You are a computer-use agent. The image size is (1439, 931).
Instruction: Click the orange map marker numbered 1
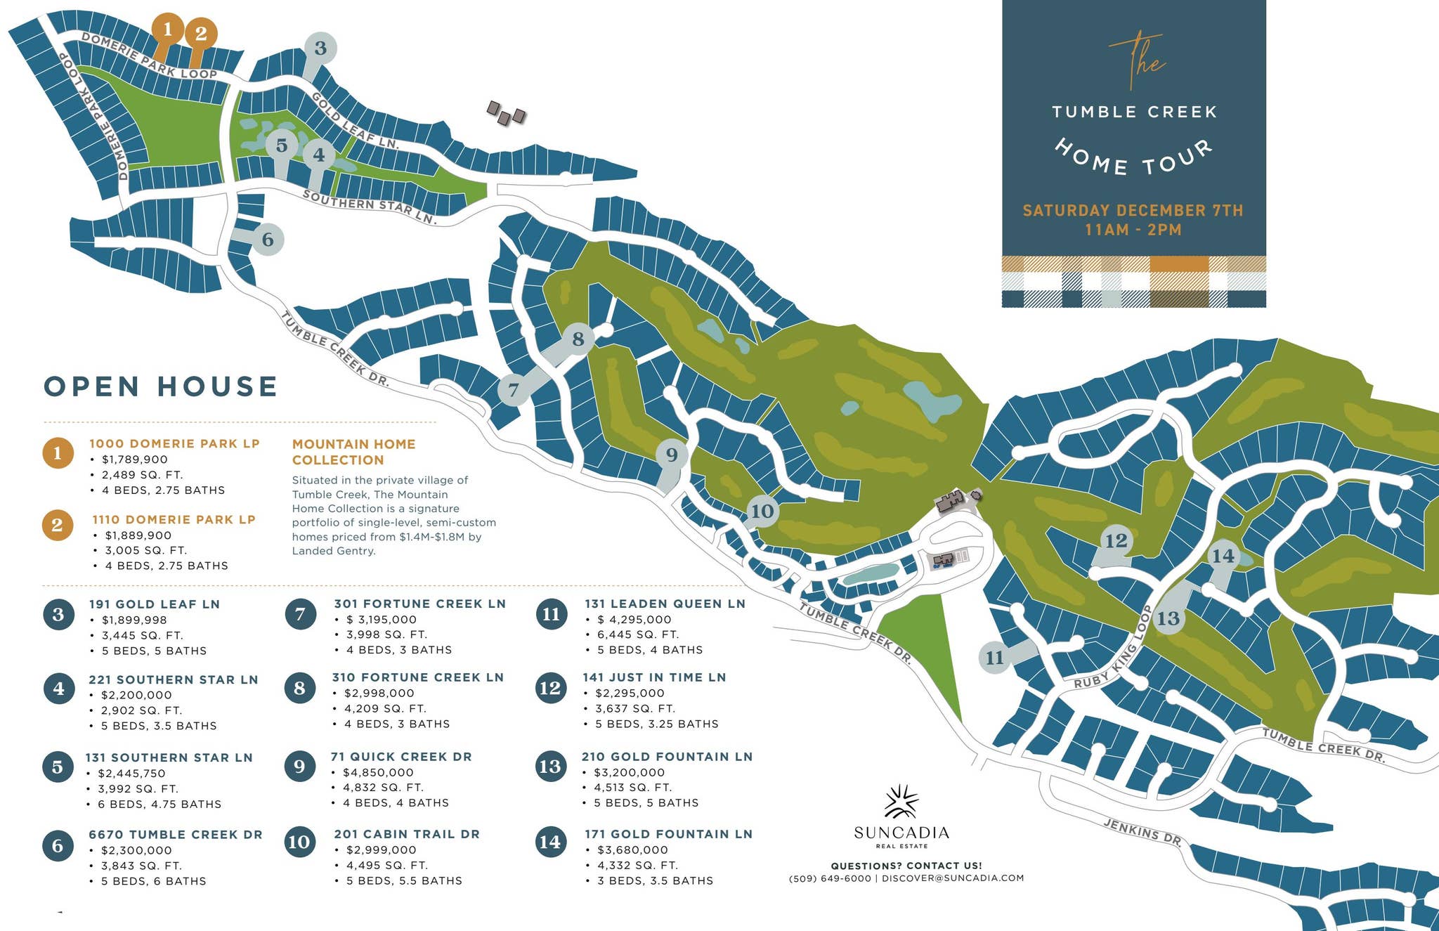click(x=167, y=30)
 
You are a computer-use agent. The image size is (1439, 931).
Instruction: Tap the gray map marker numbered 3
click(x=320, y=48)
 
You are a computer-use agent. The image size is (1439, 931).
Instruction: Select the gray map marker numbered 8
click(x=578, y=339)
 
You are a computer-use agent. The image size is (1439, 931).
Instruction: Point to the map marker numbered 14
click(x=1223, y=556)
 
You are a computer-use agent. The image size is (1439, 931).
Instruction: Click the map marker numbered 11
click(x=994, y=658)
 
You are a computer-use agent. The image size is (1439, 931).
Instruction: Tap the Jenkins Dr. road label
click(x=1141, y=831)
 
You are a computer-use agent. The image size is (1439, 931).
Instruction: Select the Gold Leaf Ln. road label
click(x=354, y=121)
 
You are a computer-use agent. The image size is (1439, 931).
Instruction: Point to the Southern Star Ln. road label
click(x=370, y=207)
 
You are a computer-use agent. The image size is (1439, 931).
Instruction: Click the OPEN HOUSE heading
click(x=161, y=386)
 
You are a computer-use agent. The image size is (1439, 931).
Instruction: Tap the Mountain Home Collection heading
click(x=353, y=452)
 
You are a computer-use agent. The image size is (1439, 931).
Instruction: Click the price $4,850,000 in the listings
click(x=378, y=772)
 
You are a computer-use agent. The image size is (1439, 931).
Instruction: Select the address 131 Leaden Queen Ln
click(x=664, y=604)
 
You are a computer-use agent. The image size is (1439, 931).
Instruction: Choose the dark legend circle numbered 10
click(x=299, y=842)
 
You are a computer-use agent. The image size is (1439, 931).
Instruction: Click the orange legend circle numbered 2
click(x=58, y=525)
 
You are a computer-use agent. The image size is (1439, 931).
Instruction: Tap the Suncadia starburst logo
click(x=901, y=802)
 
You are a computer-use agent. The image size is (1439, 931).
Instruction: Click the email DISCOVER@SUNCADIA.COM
click(x=953, y=878)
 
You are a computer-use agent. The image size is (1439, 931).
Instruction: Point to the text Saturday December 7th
click(x=1133, y=210)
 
